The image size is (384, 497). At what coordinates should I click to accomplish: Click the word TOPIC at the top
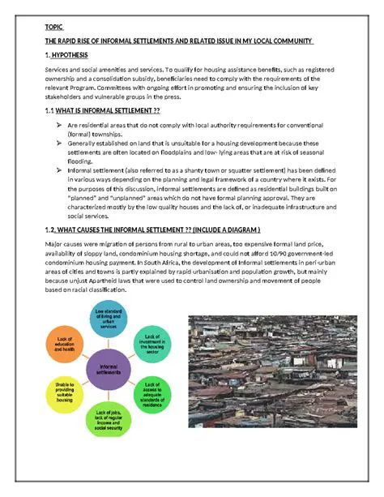point(53,27)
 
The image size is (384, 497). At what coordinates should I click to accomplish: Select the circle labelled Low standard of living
point(111,320)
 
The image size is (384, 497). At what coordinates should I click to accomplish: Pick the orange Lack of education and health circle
point(65,343)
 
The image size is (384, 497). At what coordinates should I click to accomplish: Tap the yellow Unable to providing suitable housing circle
point(65,395)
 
